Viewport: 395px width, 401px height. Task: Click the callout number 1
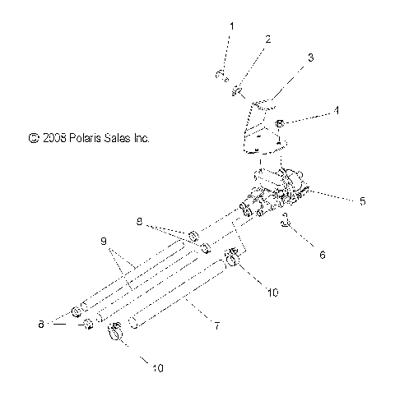pos(231,26)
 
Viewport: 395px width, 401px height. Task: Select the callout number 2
pos(267,39)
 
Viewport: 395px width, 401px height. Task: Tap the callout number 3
pos(309,58)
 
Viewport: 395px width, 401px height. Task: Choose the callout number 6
pos(322,256)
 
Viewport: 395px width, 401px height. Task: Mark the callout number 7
pos(216,327)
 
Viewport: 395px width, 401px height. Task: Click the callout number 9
pos(105,242)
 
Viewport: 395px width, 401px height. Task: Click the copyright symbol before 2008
pos(33,140)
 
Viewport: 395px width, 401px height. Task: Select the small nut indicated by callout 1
pos(221,76)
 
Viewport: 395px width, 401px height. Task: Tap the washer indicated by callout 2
pos(237,90)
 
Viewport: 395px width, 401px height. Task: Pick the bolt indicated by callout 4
pos(280,124)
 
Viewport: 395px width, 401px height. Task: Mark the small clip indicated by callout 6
pos(284,219)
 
